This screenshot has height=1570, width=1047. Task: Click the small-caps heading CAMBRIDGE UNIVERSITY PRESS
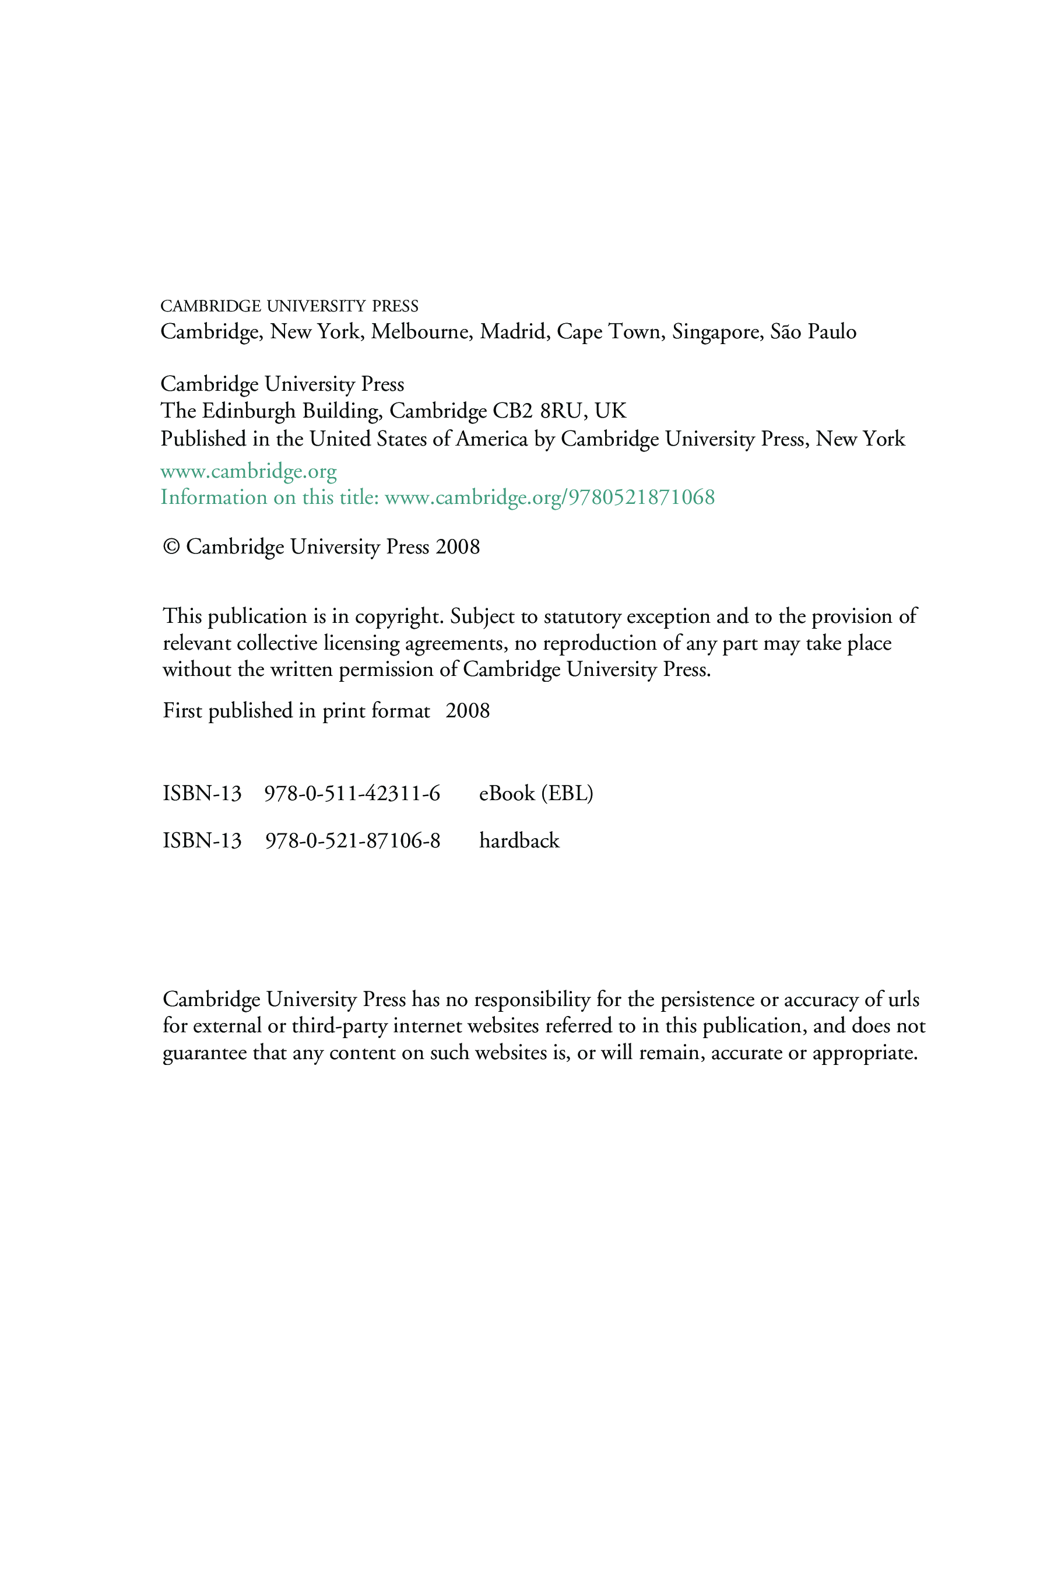(289, 307)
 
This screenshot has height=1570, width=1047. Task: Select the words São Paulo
(813, 332)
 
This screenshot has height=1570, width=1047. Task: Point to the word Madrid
(514, 332)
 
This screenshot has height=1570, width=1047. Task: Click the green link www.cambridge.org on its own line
(248, 471)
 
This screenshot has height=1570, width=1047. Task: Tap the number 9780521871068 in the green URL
(641, 497)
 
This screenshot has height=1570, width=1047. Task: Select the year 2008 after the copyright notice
(458, 547)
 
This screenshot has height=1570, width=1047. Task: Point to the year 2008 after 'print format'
(468, 710)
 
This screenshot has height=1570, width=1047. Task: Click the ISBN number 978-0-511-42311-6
(352, 793)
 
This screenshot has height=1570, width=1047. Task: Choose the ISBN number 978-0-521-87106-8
(353, 841)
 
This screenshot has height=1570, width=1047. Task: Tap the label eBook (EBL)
(536, 793)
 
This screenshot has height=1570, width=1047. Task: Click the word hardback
(519, 841)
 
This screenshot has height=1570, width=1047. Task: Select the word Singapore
(716, 332)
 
